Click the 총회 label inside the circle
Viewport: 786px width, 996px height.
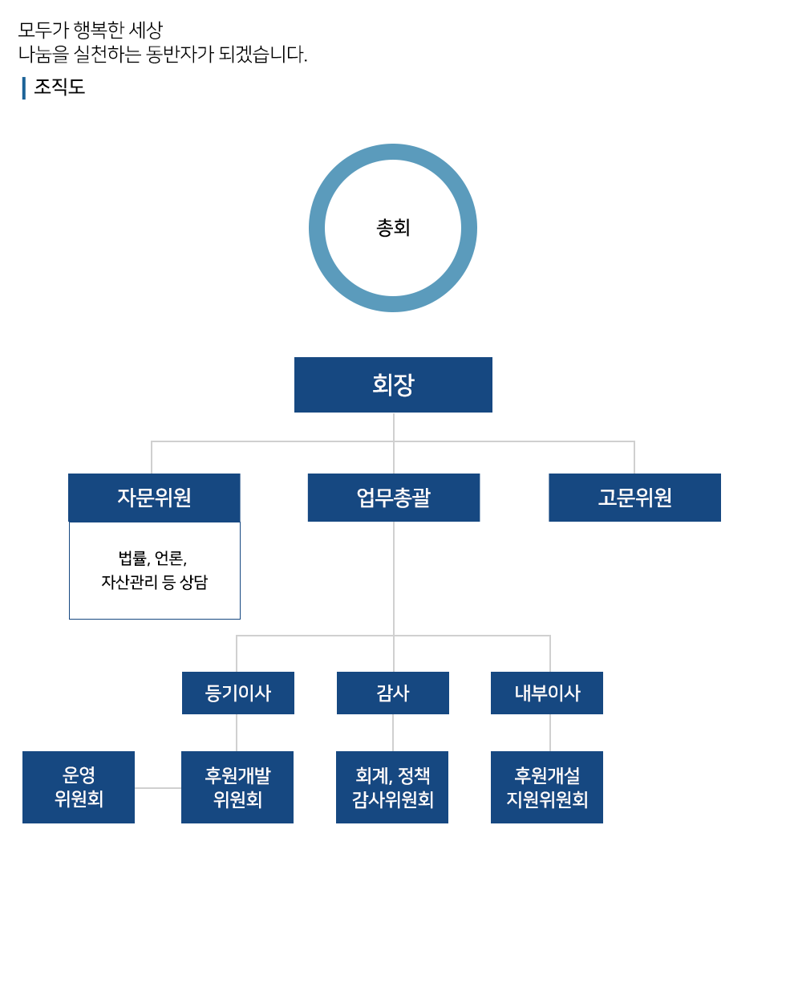click(393, 228)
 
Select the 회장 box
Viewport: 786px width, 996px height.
click(393, 384)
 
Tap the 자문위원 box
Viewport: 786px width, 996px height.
click(154, 498)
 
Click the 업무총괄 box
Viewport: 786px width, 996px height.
click(394, 498)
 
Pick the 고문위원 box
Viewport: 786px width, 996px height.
click(634, 498)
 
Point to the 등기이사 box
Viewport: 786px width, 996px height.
click(238, 693)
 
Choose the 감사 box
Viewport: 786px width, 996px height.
click(393, 693)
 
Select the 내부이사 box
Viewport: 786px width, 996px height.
click(547, 693)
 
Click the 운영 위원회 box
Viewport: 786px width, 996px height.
click(79, 787)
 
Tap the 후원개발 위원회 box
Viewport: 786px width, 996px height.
click(237, 787)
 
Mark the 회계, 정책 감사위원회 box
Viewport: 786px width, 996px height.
click(392, 787)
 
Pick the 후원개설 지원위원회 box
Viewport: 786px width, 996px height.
click(547, 787)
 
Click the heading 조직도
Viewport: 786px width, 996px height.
click(59, 87)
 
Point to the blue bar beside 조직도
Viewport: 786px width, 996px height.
click(24, 87)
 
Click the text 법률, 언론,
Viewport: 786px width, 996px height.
click(152, 558)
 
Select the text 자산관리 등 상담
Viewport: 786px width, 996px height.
click(154, 582)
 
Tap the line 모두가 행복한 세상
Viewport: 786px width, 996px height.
click(90, 30)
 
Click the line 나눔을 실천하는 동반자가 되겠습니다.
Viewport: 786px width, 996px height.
click(163, 54)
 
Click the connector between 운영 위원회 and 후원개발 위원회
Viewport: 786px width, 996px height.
click(158, 788)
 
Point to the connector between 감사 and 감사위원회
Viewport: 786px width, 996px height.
click(393, 733)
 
